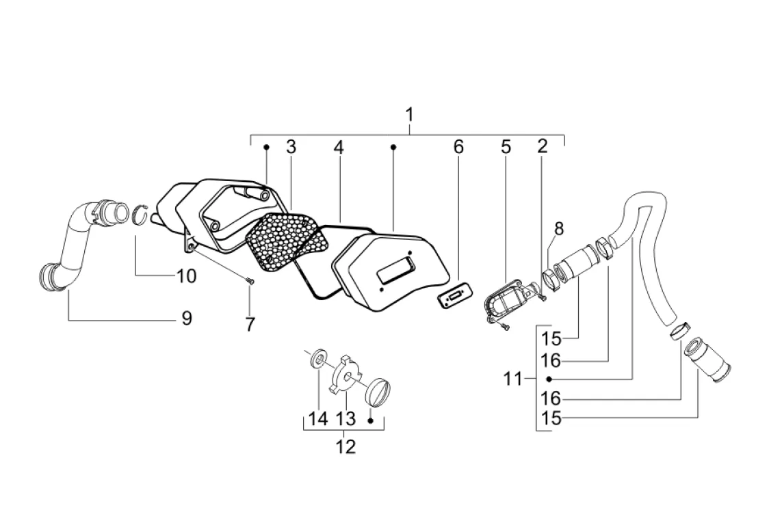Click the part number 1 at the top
coord(410,115)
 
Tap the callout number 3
coord(291,146)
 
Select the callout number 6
coord(458,146)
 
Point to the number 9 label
coord(186,319)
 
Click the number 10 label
coord(186,276)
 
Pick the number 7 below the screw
coord(250,325)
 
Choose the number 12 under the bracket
coord(346,446)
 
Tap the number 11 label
coord(513,379)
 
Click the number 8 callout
coord(559,228)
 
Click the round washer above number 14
coord(320,358)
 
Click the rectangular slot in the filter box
coord(395,270)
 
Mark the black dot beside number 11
coord(549,379)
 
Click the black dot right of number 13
coord(371,420)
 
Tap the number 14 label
coord(318,419)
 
